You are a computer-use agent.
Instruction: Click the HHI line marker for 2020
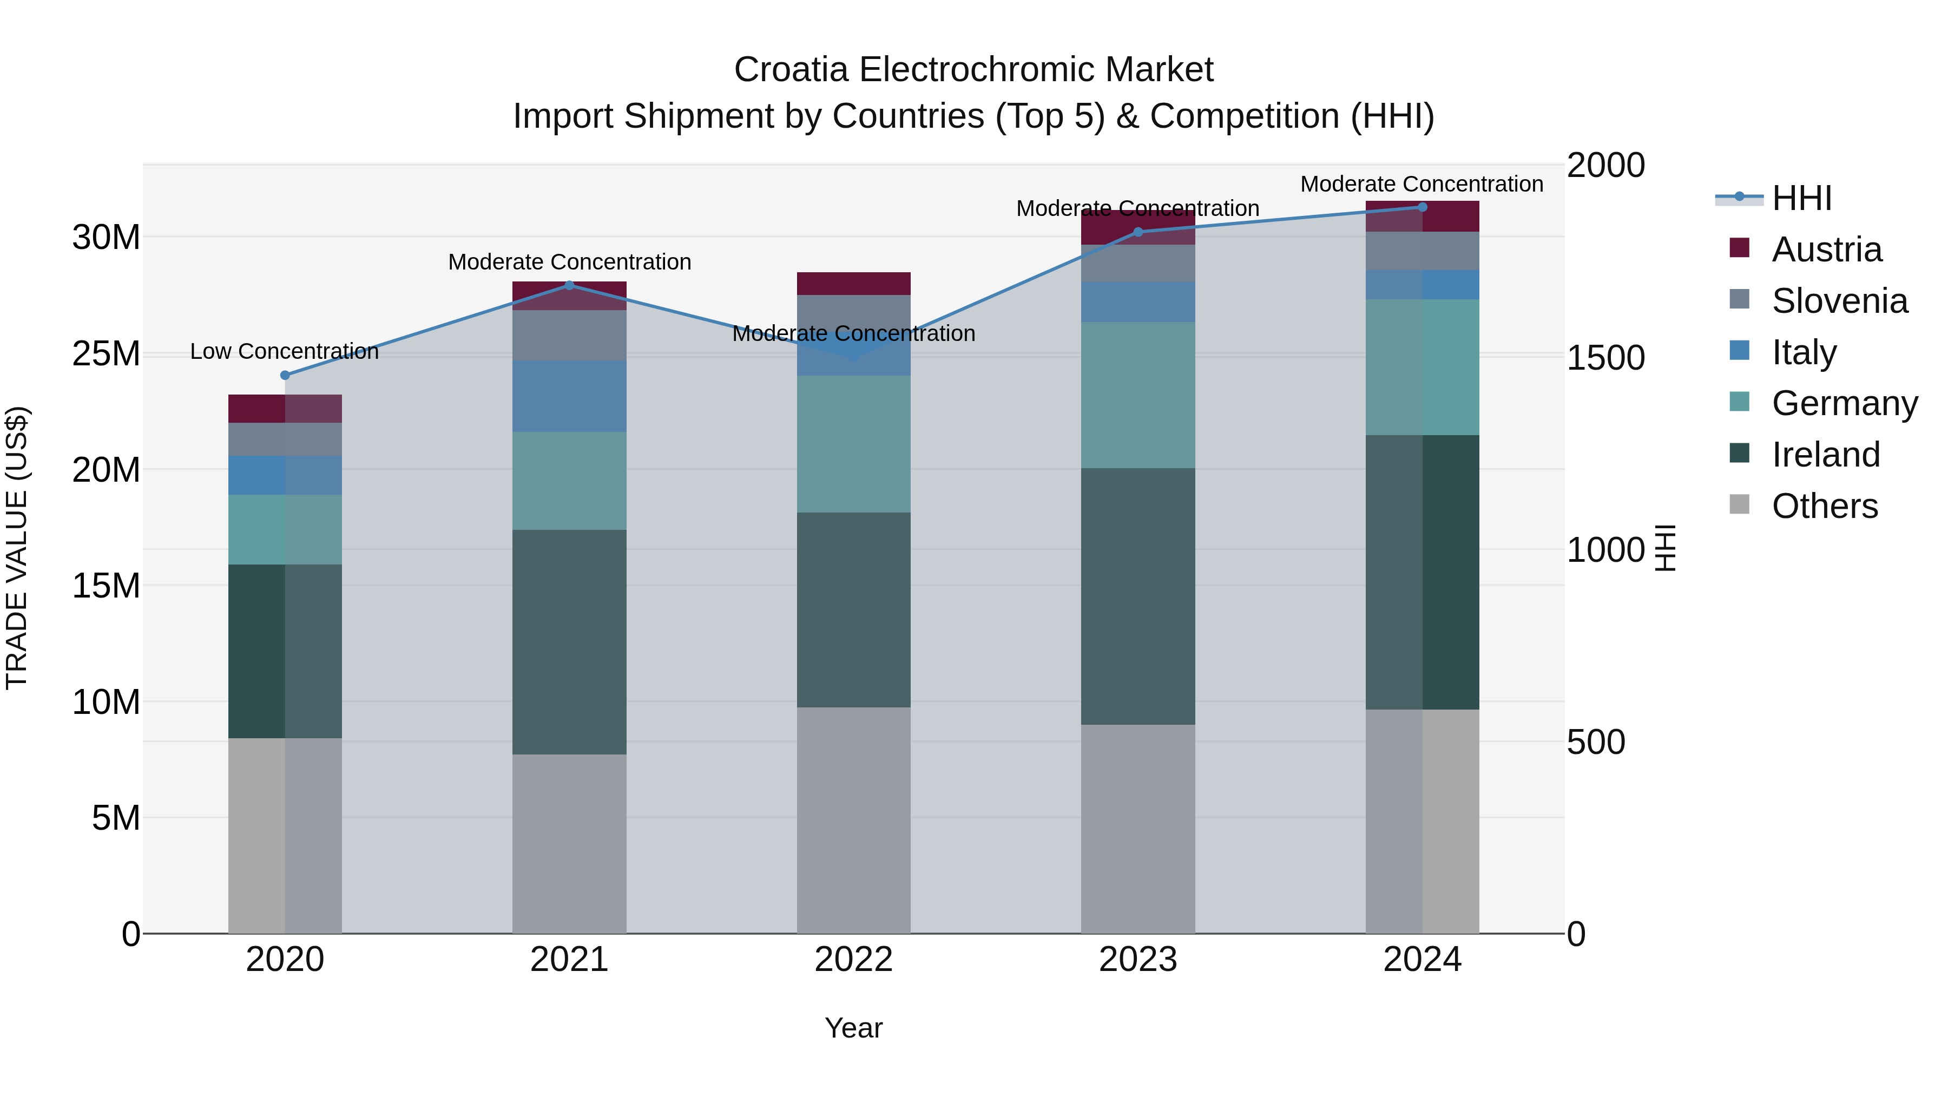[x=285, y=375]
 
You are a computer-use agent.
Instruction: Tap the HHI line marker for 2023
[x=1138, y=232]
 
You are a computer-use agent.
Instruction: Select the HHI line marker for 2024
[x=1423, y=207]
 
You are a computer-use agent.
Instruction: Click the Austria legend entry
[x=1826, y=250]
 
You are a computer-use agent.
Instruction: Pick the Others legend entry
[x=1824, y=506]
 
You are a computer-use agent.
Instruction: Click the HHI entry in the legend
[x=1801, y=198]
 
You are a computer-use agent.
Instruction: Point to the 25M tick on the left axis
[x=106, y=354]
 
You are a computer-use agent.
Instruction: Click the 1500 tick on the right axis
[x=1605, y=358]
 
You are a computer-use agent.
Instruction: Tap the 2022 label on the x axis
[x=854, y=960]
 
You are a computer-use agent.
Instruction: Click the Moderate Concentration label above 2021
[x=569, y=262]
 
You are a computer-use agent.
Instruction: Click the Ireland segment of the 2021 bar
[x=569, y=641]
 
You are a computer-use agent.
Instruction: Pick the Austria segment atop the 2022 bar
[x=854, y=284]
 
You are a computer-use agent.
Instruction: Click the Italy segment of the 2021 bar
[x=569, y=396]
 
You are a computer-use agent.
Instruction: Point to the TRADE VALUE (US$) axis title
[x=17, y=548]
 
